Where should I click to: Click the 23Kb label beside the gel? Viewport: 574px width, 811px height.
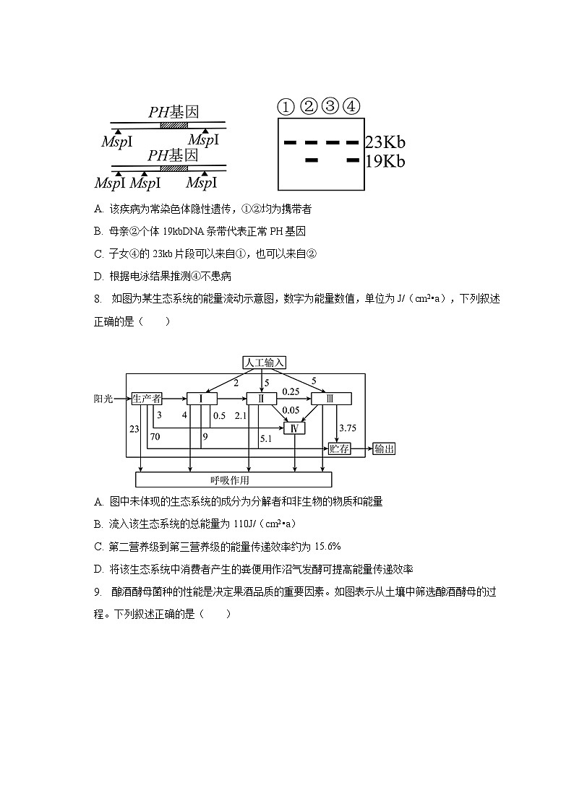(x=385, y=142)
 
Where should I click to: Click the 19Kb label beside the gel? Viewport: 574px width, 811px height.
(x=385, y=161)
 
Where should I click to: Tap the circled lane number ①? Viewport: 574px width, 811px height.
(x=286, y=107)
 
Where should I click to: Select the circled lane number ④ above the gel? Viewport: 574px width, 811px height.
(x=351, y=106)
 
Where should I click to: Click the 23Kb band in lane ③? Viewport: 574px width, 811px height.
(x=333, y=142)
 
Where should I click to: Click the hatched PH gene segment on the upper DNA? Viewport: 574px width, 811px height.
(x=174, y=124)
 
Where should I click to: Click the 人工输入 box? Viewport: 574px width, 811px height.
(x=265, y=363)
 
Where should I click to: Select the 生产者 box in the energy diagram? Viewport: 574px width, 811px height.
(x=147, y=398)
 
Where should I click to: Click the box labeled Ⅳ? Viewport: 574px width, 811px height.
(x=294, y=428)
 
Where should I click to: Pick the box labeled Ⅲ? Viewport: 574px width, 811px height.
(x=331, y=399)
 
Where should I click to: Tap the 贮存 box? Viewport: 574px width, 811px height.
(x=339, y=449)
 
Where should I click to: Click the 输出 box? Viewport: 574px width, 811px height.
(x=385, y=449)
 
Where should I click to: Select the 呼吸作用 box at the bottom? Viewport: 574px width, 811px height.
(x=234, y=480)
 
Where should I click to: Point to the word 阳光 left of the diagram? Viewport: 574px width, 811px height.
(x=103, y=399)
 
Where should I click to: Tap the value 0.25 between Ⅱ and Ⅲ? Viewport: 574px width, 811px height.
(x=291, y=391)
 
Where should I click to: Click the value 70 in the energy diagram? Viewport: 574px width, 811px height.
(x=155, y=436)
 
